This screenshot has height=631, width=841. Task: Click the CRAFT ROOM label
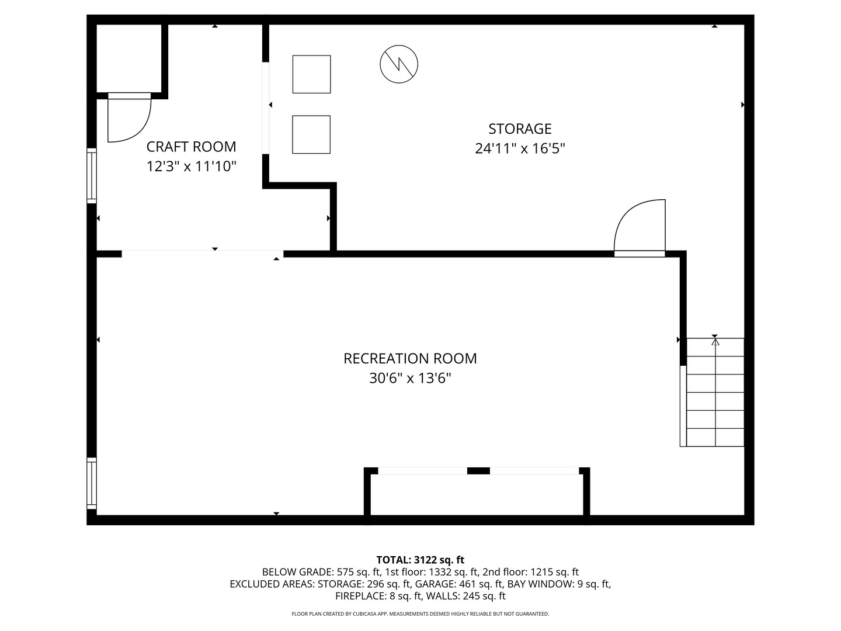click(x=191, y=147)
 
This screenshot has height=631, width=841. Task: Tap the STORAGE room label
click(x=520, y=129)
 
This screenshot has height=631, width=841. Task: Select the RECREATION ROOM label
click(x=410, y=359)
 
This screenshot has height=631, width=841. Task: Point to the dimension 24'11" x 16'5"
click(x=520, y=148)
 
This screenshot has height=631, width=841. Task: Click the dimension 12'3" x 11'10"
click(x=191, y=167)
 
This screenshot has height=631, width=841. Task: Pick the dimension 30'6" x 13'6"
click(x=410, y=379)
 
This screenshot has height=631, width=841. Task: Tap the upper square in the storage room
click(x=311, y=74)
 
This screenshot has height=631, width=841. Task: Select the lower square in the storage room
click(x=311, y=134)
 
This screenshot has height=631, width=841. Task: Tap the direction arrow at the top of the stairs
click(x=715, y=341)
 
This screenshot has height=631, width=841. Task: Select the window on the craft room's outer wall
click(x=92, y=175)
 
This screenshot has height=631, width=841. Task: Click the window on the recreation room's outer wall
click(x=92, y=483)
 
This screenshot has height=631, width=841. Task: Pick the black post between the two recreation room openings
click(x=478, y=471)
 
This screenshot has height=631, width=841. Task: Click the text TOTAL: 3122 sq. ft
click(x=420, y=560)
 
